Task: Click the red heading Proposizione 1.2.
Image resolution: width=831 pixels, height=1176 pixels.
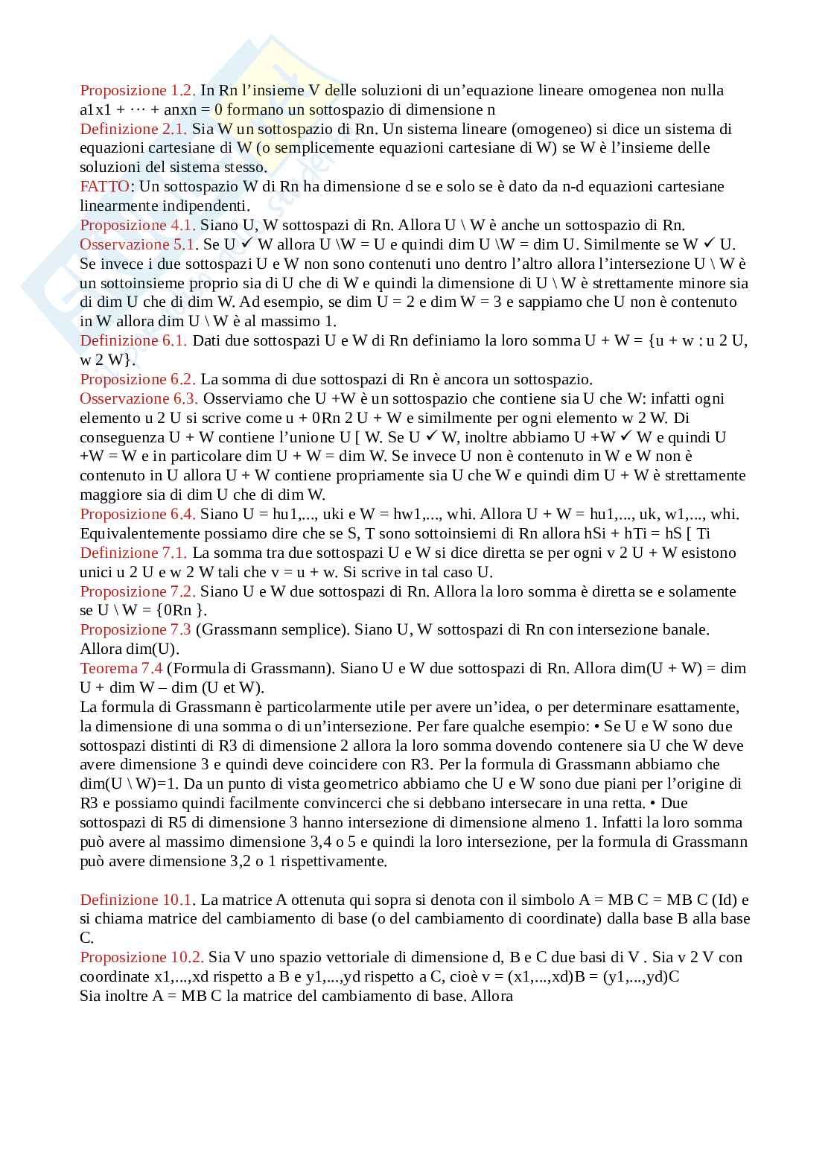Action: pyautogui.click(x=138, y=91)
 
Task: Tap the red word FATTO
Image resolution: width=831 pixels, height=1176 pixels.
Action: pyautogui.click(x=105, y=187)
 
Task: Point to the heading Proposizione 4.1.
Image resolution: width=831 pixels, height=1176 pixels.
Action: pyautogui.click(x=138, y=226)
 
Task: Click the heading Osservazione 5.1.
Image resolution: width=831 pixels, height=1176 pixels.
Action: pyautogui.click(x=138, y=245)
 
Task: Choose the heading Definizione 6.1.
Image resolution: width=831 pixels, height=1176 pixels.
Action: pyautogui.click(x=134, y=341)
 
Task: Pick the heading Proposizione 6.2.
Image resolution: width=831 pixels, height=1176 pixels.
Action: pyautogui.click(x=138, y=380)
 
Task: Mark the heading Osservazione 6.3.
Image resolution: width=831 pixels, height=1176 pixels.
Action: pyautogui.click(x=138, y=399)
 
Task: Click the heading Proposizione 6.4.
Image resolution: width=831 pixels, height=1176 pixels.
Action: pyautogui.click(x=138, y=515)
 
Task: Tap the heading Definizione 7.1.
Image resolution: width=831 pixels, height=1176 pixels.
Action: pyautogui.click(x=134, y=553)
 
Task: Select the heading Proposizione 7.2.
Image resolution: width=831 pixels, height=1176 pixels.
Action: pyautogui.click(x=138, y=592)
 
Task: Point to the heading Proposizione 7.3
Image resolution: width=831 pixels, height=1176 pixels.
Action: pyautogui.click(x=136, y=630)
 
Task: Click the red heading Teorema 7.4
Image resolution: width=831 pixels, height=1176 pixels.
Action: pyautogui.click(x=121, y=669)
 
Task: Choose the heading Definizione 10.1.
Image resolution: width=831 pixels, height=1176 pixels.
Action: pyautogui.click(x=138, y=900)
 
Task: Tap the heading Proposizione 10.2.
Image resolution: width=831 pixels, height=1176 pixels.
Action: pyautogui.click(x=141, y=958)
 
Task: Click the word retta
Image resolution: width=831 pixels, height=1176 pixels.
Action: pyautogui.click(x=627, y=804)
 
